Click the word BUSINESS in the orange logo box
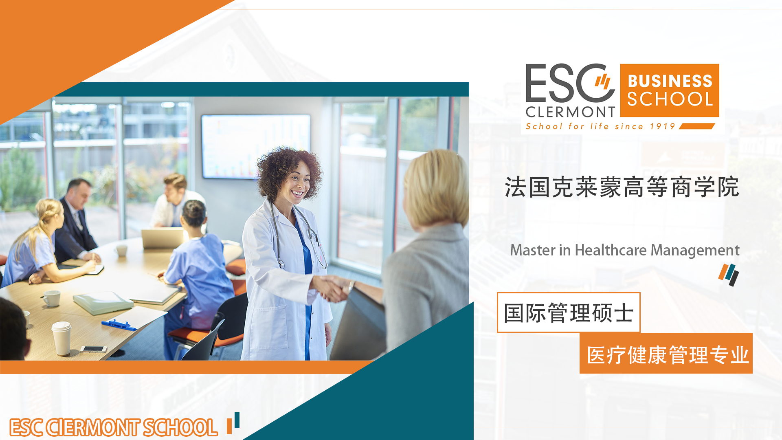[x=670, y=81]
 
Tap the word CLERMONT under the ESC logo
[x=570, y=112]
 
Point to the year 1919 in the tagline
[x=662, y=126]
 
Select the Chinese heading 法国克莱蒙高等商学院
[x=622, y=187]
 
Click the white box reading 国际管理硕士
[x=569, y=312]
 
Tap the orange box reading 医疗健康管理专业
[x=666, y=353]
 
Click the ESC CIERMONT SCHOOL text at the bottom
[x=114, y=427]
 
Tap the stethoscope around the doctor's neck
[x=299, y=236]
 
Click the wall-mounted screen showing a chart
[x=256, y=146]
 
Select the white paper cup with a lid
[x=62, y=338]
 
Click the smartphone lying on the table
[x=93, y=349]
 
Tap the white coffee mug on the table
[x=51, y=298]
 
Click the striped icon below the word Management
[x=729, y=275]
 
